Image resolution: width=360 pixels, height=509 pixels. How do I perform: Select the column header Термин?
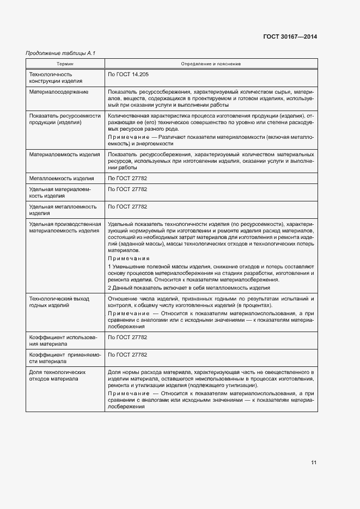tap(65, 64)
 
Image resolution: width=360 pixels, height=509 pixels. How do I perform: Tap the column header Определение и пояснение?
tap(211, 64)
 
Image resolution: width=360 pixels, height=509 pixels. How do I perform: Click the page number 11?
tap(314, 463)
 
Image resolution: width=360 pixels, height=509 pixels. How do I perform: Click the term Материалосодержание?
tap(59, 91)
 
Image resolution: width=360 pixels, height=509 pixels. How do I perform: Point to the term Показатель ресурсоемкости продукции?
tap(65, 119)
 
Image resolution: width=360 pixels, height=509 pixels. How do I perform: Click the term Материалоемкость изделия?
tap(64, 155)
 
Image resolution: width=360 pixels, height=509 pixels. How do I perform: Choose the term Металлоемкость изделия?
tap(62, 179)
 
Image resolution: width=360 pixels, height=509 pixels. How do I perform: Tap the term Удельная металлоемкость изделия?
tap(63, 210)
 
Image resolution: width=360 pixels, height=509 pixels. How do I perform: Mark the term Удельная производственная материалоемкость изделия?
tap(65, 228)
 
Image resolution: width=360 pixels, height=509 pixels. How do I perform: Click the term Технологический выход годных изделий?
tap(59, 302)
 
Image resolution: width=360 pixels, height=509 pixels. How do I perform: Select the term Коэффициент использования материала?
tap(63, 341)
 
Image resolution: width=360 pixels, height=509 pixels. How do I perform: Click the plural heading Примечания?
tap(129, 259)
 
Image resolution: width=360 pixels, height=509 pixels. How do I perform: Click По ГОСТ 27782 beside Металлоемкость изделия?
tap(127, 179)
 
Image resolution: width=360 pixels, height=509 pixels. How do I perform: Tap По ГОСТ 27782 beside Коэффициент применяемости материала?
tap(127, 354)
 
